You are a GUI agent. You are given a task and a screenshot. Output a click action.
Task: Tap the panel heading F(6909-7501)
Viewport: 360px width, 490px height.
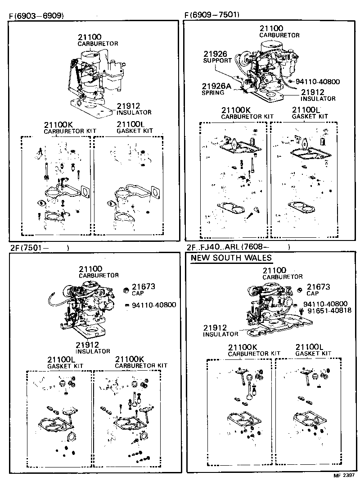click(x=212, y=14)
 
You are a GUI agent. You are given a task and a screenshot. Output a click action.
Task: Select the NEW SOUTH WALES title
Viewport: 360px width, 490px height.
click(x=231, y=258)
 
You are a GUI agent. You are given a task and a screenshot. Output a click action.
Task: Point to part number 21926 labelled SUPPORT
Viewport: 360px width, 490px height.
click(x=217, y=56)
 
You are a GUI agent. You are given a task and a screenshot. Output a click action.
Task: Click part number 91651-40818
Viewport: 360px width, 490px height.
click(x=327, y=311)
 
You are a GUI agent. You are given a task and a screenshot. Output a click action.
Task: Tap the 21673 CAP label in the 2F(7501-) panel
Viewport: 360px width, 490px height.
click(x=143, y=289)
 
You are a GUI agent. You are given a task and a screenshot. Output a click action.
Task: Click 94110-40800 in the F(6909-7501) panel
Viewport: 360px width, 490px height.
click(x=317, y=82)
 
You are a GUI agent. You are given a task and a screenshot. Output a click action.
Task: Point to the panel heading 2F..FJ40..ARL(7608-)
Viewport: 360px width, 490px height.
click(x=237, y=247)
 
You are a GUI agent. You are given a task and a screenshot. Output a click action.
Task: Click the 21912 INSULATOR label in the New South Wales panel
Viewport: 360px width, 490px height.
click(x=220, y=331)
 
